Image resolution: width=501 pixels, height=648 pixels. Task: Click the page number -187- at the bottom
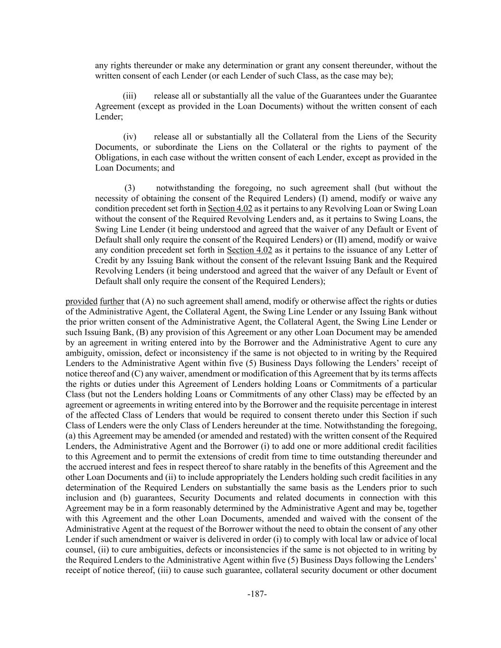point(257,594)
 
